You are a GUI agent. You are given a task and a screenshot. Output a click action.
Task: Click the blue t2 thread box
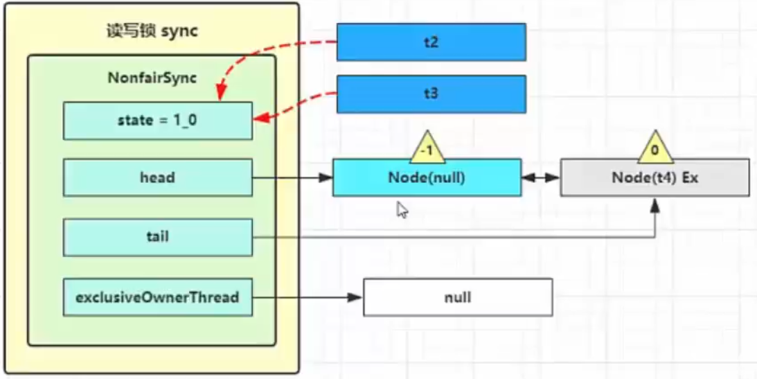(x=431, y=42)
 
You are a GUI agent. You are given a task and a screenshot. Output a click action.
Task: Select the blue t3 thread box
(x=431, y=94)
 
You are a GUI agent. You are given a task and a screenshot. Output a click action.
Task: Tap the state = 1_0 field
(x=157, y=121)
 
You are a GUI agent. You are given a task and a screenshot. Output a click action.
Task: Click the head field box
(x=157, y=177)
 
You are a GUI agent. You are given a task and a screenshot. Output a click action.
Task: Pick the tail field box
(x=157, y=237)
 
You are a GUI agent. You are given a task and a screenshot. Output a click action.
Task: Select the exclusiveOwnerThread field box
(x=157, y=297)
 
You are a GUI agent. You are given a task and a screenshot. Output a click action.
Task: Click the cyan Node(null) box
(x=427, y=177)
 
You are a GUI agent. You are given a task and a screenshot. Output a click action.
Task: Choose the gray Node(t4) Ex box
(x=654, y=177)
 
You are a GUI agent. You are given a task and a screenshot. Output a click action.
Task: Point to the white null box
(x=458, y=297)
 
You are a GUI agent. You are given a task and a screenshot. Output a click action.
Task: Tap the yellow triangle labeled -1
(x=427, y=148)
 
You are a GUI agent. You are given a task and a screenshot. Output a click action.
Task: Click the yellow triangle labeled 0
(x=655, y=148)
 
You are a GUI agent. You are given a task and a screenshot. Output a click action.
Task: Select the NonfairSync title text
(x=152, y=78)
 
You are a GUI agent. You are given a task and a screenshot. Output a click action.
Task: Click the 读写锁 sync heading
(x=152, y=33)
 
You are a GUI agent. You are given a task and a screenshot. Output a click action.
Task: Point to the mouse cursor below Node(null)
(x=402, y=209)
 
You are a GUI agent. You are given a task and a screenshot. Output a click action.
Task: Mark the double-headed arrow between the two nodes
(x=540, y=177)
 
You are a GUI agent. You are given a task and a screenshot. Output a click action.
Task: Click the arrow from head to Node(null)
(x=291, y=177)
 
